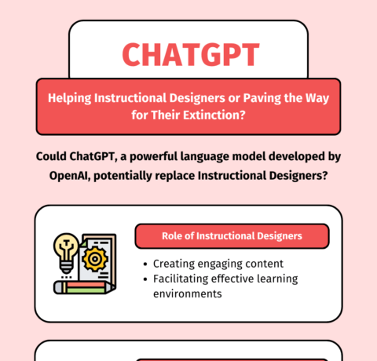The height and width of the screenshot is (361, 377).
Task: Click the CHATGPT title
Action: tap(190, 53)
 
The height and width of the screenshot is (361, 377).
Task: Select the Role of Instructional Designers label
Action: tap(231, 235)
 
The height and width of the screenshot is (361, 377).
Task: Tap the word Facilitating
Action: tap(182, 279)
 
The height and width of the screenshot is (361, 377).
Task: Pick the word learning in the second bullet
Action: tap(276, 279)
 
